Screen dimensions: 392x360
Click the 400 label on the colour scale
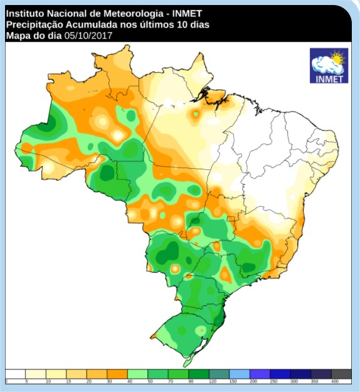tap(334, 381)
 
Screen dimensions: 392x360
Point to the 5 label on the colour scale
tap(26, 381)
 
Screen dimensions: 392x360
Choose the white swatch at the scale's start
tap(16, 374)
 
